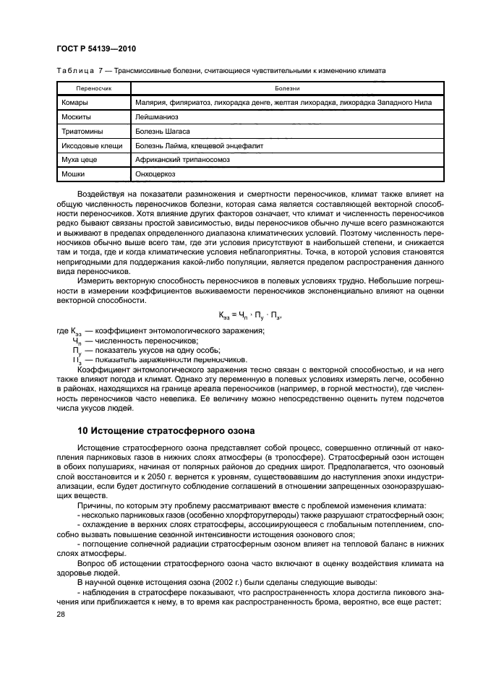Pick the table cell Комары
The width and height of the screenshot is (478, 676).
[x=75, y=103]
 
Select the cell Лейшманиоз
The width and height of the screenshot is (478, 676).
[x=156, y=116]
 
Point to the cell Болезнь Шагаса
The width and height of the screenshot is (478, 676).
[x=163, y=131]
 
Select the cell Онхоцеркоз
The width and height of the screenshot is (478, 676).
[x=155, y=174]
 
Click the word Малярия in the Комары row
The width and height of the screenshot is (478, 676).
[x=150, y=103]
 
